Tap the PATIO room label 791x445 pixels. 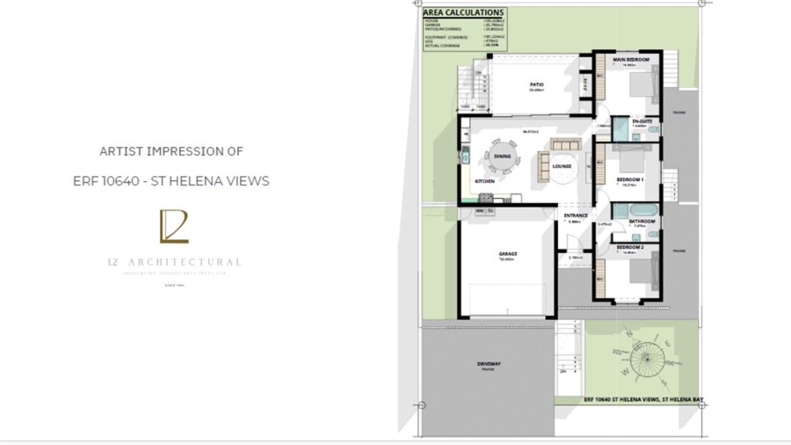[535, 84]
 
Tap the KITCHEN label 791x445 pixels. [484, 181]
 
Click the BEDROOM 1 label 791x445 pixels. [628, 180]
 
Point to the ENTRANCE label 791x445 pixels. [576, 215]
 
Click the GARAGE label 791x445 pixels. [508, 254]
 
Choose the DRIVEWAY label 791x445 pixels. [489, 364]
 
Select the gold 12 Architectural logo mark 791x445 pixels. [173, 227]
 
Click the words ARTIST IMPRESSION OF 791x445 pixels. [171, 151]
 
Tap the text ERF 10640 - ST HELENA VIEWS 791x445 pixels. [171, 181]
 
